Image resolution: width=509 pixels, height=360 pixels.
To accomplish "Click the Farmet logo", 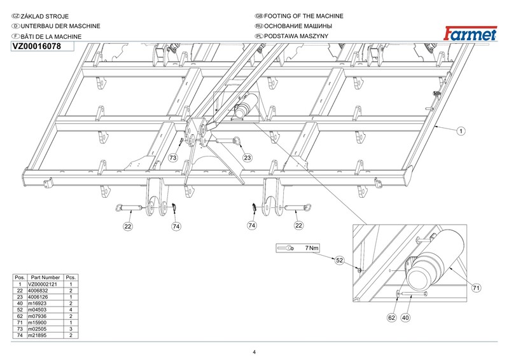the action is (470, 34).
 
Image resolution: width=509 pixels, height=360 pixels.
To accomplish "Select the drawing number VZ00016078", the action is (36, 46).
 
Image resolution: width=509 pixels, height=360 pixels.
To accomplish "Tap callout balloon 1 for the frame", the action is (461, 131).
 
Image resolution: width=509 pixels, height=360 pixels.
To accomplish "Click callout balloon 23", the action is (248, 158).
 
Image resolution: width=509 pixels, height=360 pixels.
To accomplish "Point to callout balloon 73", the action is (173, 158).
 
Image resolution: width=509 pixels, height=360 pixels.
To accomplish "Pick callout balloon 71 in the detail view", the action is (476, 288).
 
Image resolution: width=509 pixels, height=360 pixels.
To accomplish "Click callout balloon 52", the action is (339, 260).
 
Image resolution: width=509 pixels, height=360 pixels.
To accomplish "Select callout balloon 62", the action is (392, 317).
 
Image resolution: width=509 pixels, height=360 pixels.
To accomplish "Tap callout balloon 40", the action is (405, 317).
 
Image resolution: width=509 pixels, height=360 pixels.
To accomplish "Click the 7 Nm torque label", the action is (312, 248).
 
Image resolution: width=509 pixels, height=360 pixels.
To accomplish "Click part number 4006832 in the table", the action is (38, 291).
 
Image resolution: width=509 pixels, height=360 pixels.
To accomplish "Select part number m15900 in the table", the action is (38, 322).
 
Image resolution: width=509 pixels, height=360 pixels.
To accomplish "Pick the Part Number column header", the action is (45, 277).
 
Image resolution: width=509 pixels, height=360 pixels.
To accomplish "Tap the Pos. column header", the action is (20, 277).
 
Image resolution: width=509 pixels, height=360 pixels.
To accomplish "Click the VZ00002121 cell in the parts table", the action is (43, 284).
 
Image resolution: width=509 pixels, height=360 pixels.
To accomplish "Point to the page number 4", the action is (254, 352).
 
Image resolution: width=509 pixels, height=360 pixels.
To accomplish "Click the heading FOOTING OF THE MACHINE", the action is (303, 16).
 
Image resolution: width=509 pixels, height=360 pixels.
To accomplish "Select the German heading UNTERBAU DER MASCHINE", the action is (60, 26).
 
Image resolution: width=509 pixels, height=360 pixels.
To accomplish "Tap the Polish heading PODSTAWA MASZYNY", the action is (296, 36).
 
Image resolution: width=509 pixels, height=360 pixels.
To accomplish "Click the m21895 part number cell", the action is (38, 335).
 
